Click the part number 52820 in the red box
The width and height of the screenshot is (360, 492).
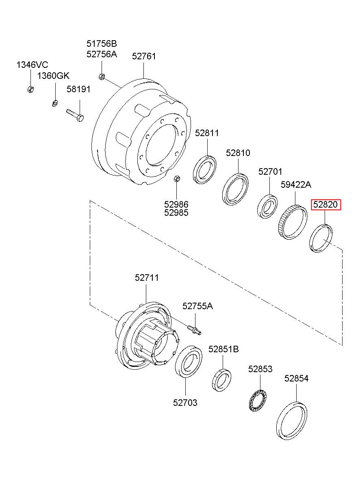[x=326, y=204]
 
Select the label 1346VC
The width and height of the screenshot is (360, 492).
[x=32, y=65]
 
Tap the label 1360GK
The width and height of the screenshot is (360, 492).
[x=53, y=76]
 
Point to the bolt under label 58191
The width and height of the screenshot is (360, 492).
[x=75, y=115]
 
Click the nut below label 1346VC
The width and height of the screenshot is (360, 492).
[x=30, y=89]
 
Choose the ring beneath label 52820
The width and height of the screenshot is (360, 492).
[x=321, y=238]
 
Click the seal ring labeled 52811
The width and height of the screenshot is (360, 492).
[x=204, y=169]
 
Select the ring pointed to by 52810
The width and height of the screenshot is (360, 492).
[x=235, y=189]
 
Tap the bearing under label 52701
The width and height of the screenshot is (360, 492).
[x=267, y=206]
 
